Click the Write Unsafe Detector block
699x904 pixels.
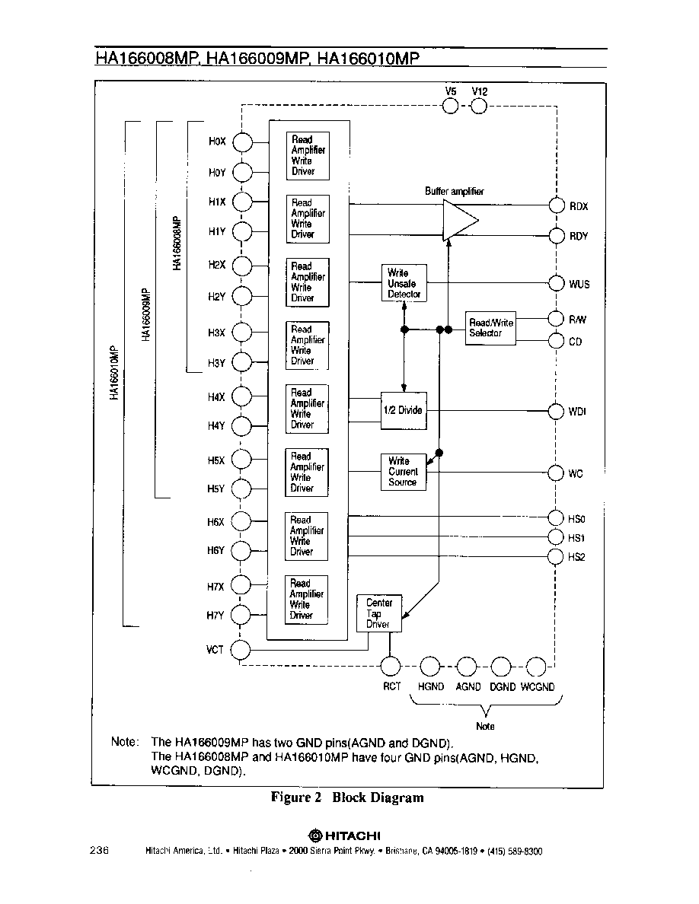click(x=404, y=283)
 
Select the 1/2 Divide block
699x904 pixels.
click(x=404, y=410)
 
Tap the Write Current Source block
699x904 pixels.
click(x=403, y=473)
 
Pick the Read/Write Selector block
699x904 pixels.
click(x=490, y=329)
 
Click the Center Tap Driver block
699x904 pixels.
click(x=379, y=613)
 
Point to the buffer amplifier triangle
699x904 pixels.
click(x=460, y=220)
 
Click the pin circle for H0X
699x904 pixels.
click(x=242, y=142)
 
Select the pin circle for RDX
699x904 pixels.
click(x=557, y=205)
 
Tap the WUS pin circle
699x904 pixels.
click(x=557, y=283)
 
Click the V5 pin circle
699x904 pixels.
click(x=451, y=106)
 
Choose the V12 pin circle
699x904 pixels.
click(x=479, y=106)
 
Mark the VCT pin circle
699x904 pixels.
click(x=241, y=651)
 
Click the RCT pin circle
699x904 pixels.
click(x=391, y=666)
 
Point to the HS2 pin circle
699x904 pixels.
click(x=555, y=556)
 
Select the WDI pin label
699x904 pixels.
click(x=577, y=412)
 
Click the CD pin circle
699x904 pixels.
click(x=556, y=342)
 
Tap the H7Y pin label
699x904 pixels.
click(x=215, y=615)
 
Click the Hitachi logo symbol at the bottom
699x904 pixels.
click(x=315, y=836)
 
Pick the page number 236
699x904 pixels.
click(x=99, y=850)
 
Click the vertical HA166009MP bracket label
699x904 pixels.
click(x=146, y=314)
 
